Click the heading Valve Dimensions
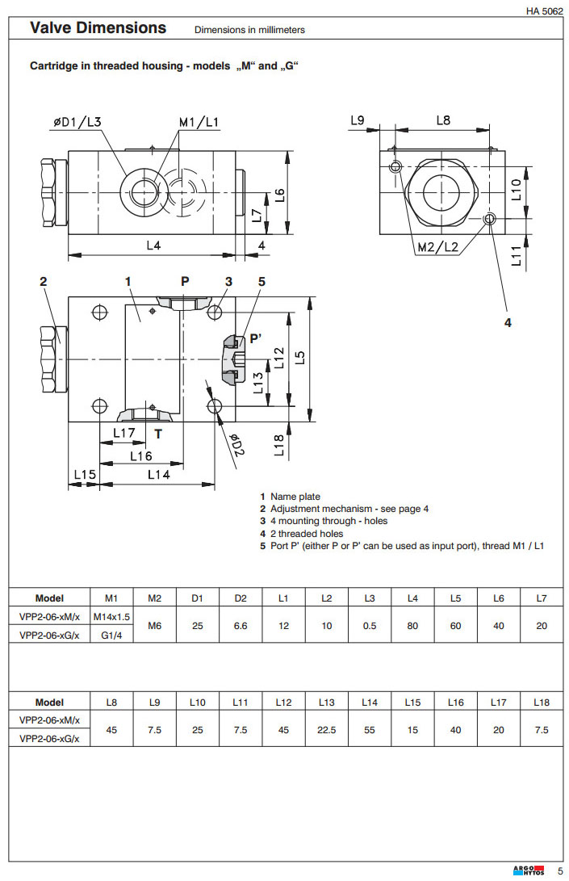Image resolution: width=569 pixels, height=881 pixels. point(98,28)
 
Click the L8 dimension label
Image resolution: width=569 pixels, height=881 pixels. point(443,120)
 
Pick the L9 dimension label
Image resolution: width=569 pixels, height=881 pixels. point(358,120)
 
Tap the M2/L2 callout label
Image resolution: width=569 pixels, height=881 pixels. point(437,247)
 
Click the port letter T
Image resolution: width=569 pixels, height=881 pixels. point(158,434)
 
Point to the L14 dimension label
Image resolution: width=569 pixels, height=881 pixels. point(158,475)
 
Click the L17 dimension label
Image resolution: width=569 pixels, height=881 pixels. point(123,434)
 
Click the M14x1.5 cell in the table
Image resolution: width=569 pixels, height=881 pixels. point(111,616)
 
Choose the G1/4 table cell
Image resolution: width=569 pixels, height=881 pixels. point(111,635)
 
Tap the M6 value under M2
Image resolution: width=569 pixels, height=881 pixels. point(155,626)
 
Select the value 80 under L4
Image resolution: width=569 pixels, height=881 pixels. point(412,626)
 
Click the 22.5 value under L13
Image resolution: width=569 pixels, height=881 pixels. point(326,729)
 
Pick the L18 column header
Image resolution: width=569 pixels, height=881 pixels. point(542,703)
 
